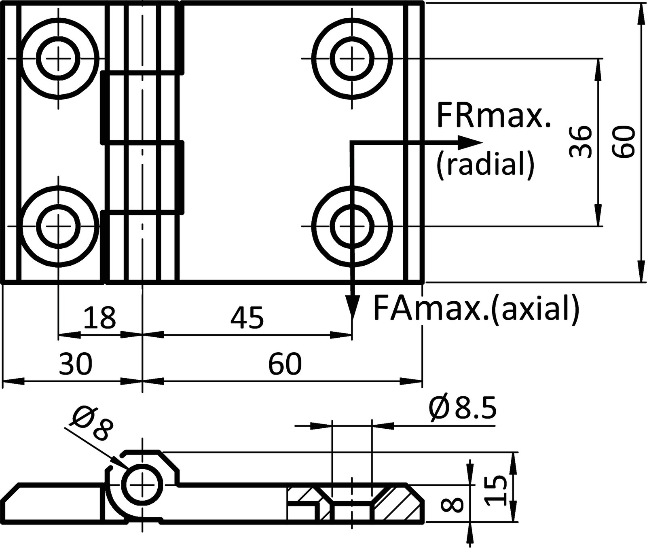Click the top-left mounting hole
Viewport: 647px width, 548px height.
59,58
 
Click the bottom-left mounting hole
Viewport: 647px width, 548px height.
59,226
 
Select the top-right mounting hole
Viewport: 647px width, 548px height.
352,58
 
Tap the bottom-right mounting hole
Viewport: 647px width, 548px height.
352,226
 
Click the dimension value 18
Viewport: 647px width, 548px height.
99,317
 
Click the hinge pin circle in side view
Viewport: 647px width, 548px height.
142,484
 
